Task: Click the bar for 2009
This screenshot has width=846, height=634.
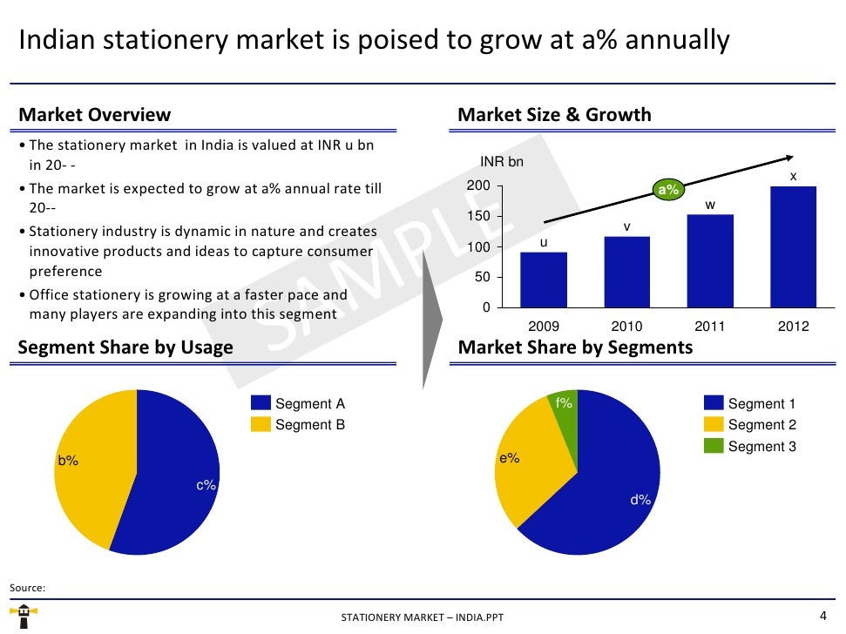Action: (544, 280)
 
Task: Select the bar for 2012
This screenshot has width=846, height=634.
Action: (793, 247)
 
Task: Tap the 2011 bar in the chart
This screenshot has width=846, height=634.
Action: (710, 261)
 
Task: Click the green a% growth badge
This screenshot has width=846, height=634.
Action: (668, 190)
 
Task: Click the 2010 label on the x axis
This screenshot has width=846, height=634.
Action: (626, 327)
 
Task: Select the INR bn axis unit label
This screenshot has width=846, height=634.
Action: (503, 163)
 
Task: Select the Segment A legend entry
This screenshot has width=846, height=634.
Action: (298, 404)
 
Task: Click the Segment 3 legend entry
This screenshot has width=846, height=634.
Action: (750, 447)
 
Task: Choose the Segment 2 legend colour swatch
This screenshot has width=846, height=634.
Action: (714, 425)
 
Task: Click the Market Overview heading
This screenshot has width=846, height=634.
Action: (95, 115)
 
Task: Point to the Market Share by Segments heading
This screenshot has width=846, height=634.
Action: (575, 347)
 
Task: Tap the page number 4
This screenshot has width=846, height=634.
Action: (823, 613)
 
